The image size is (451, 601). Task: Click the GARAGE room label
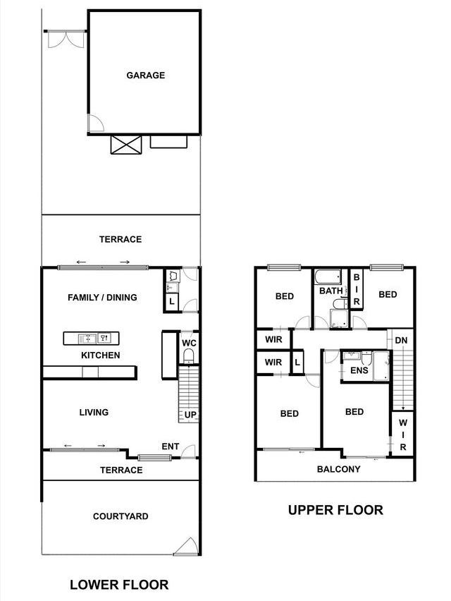(x=145, y=75)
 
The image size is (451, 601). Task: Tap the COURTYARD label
(x=121, y=516)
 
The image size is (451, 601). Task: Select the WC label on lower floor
(x=189, y=343)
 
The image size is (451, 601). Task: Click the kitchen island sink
(x=87, y=339)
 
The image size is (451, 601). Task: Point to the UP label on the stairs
(x=190, y=414)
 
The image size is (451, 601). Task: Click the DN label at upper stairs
(x=401, y=341)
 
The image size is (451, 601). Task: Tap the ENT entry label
(x=171, y=447)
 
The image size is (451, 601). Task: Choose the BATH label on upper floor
(x=330, y=291)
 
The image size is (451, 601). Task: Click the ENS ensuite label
(x=359, y=370)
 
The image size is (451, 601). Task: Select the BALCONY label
(x=338, y=469)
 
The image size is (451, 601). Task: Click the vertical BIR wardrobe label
(x=356, y=289)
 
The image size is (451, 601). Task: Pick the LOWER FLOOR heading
(x=119, y=585)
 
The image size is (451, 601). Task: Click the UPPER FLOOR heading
(x=335, y=510)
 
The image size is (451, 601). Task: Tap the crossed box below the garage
(x=126, y=145)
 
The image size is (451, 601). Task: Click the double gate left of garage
(x=66, y=39)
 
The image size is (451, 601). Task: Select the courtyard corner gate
(x=187, y=546)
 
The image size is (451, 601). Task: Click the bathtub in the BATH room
(x=328, y=277)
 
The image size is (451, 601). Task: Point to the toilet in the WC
(x=188, y=356)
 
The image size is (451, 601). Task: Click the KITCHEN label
(x=100, y=356)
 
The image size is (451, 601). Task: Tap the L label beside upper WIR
(x=297, y=363)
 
